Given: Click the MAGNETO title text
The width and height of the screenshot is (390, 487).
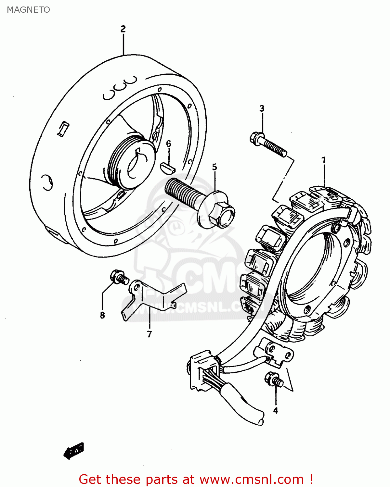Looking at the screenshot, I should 28,10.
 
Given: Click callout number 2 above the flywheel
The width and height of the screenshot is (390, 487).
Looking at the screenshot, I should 123,29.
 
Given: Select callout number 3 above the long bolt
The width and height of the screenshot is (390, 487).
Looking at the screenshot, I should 262,109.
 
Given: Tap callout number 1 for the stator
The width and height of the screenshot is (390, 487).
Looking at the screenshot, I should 323,160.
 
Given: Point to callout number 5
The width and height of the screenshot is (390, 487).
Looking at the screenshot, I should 214,167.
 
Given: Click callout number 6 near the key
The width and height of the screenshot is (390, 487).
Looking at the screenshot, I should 168,144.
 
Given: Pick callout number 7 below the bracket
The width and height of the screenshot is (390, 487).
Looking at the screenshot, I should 149,334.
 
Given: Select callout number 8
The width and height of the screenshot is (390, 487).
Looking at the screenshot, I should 102,315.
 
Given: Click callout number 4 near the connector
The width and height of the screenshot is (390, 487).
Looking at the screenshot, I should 275,411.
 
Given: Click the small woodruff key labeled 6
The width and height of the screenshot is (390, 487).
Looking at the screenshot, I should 168,168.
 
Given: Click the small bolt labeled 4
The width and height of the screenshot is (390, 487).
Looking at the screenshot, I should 274,380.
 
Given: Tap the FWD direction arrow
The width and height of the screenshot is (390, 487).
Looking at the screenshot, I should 74,451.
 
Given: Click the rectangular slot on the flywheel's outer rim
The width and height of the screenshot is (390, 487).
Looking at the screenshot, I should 62,128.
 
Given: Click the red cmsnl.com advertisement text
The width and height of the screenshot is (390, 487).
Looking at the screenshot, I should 196,479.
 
